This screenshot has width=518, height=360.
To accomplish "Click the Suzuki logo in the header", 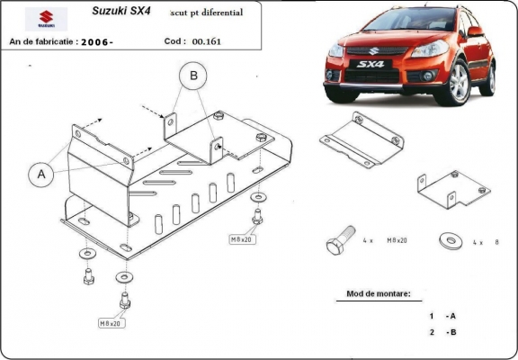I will [39, 18].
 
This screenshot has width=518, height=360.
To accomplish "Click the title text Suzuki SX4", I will [121, 12].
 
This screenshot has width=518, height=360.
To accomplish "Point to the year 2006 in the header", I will [96, 41].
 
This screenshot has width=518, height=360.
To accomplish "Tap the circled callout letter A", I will [40, 175].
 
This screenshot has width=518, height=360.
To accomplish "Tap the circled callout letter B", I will [192, 77].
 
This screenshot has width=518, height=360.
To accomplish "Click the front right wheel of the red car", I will [460, 83].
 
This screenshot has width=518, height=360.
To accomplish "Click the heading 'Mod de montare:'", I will [379, 294].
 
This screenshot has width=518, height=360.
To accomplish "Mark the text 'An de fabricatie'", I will [41, 41].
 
